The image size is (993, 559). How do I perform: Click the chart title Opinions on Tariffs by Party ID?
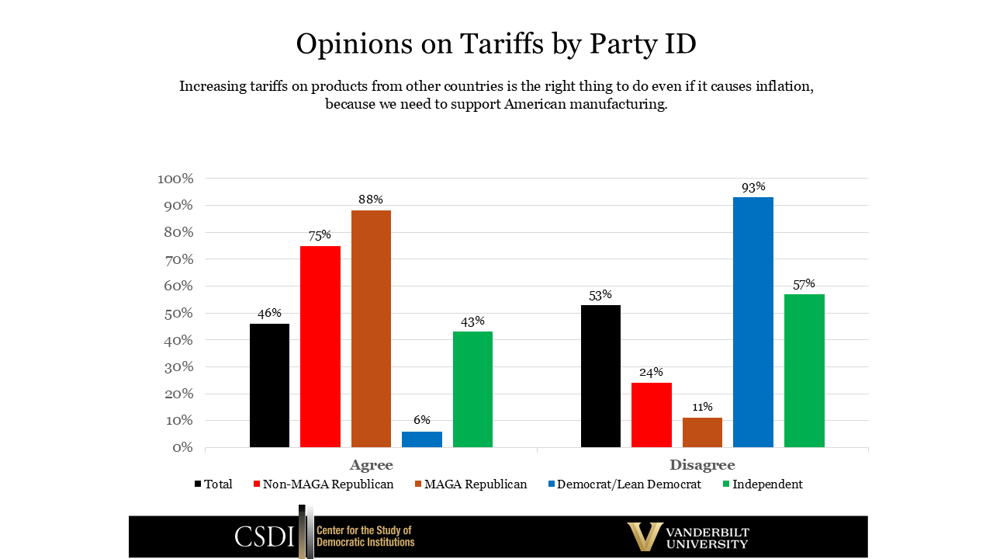pos(496,44)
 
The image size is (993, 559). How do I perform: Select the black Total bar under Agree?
pos(269,385)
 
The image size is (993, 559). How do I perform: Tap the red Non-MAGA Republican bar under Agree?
pos(320,346)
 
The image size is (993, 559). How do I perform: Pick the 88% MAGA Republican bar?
pos(371,328)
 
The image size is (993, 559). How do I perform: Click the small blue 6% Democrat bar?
pos(422,439)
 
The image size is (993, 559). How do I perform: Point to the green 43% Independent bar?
pos(472,389)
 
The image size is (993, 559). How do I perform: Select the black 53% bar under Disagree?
pos(600,376)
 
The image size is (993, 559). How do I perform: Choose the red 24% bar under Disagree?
pos(652,415)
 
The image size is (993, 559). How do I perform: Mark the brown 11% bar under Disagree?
pos(702,432)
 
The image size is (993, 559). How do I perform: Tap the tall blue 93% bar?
pos(753,322)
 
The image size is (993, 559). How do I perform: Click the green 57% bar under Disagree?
pos(804,370)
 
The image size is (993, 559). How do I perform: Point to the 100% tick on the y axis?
pos(175,179)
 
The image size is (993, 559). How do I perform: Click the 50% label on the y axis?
pos(178,314)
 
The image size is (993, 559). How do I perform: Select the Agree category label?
pos(371,465)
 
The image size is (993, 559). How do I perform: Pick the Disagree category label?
pos(702,465)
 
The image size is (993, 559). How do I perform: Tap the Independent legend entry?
pos(766,484)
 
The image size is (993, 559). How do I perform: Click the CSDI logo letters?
pos(265,536)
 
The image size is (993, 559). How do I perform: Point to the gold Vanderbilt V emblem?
pos(645,536)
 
